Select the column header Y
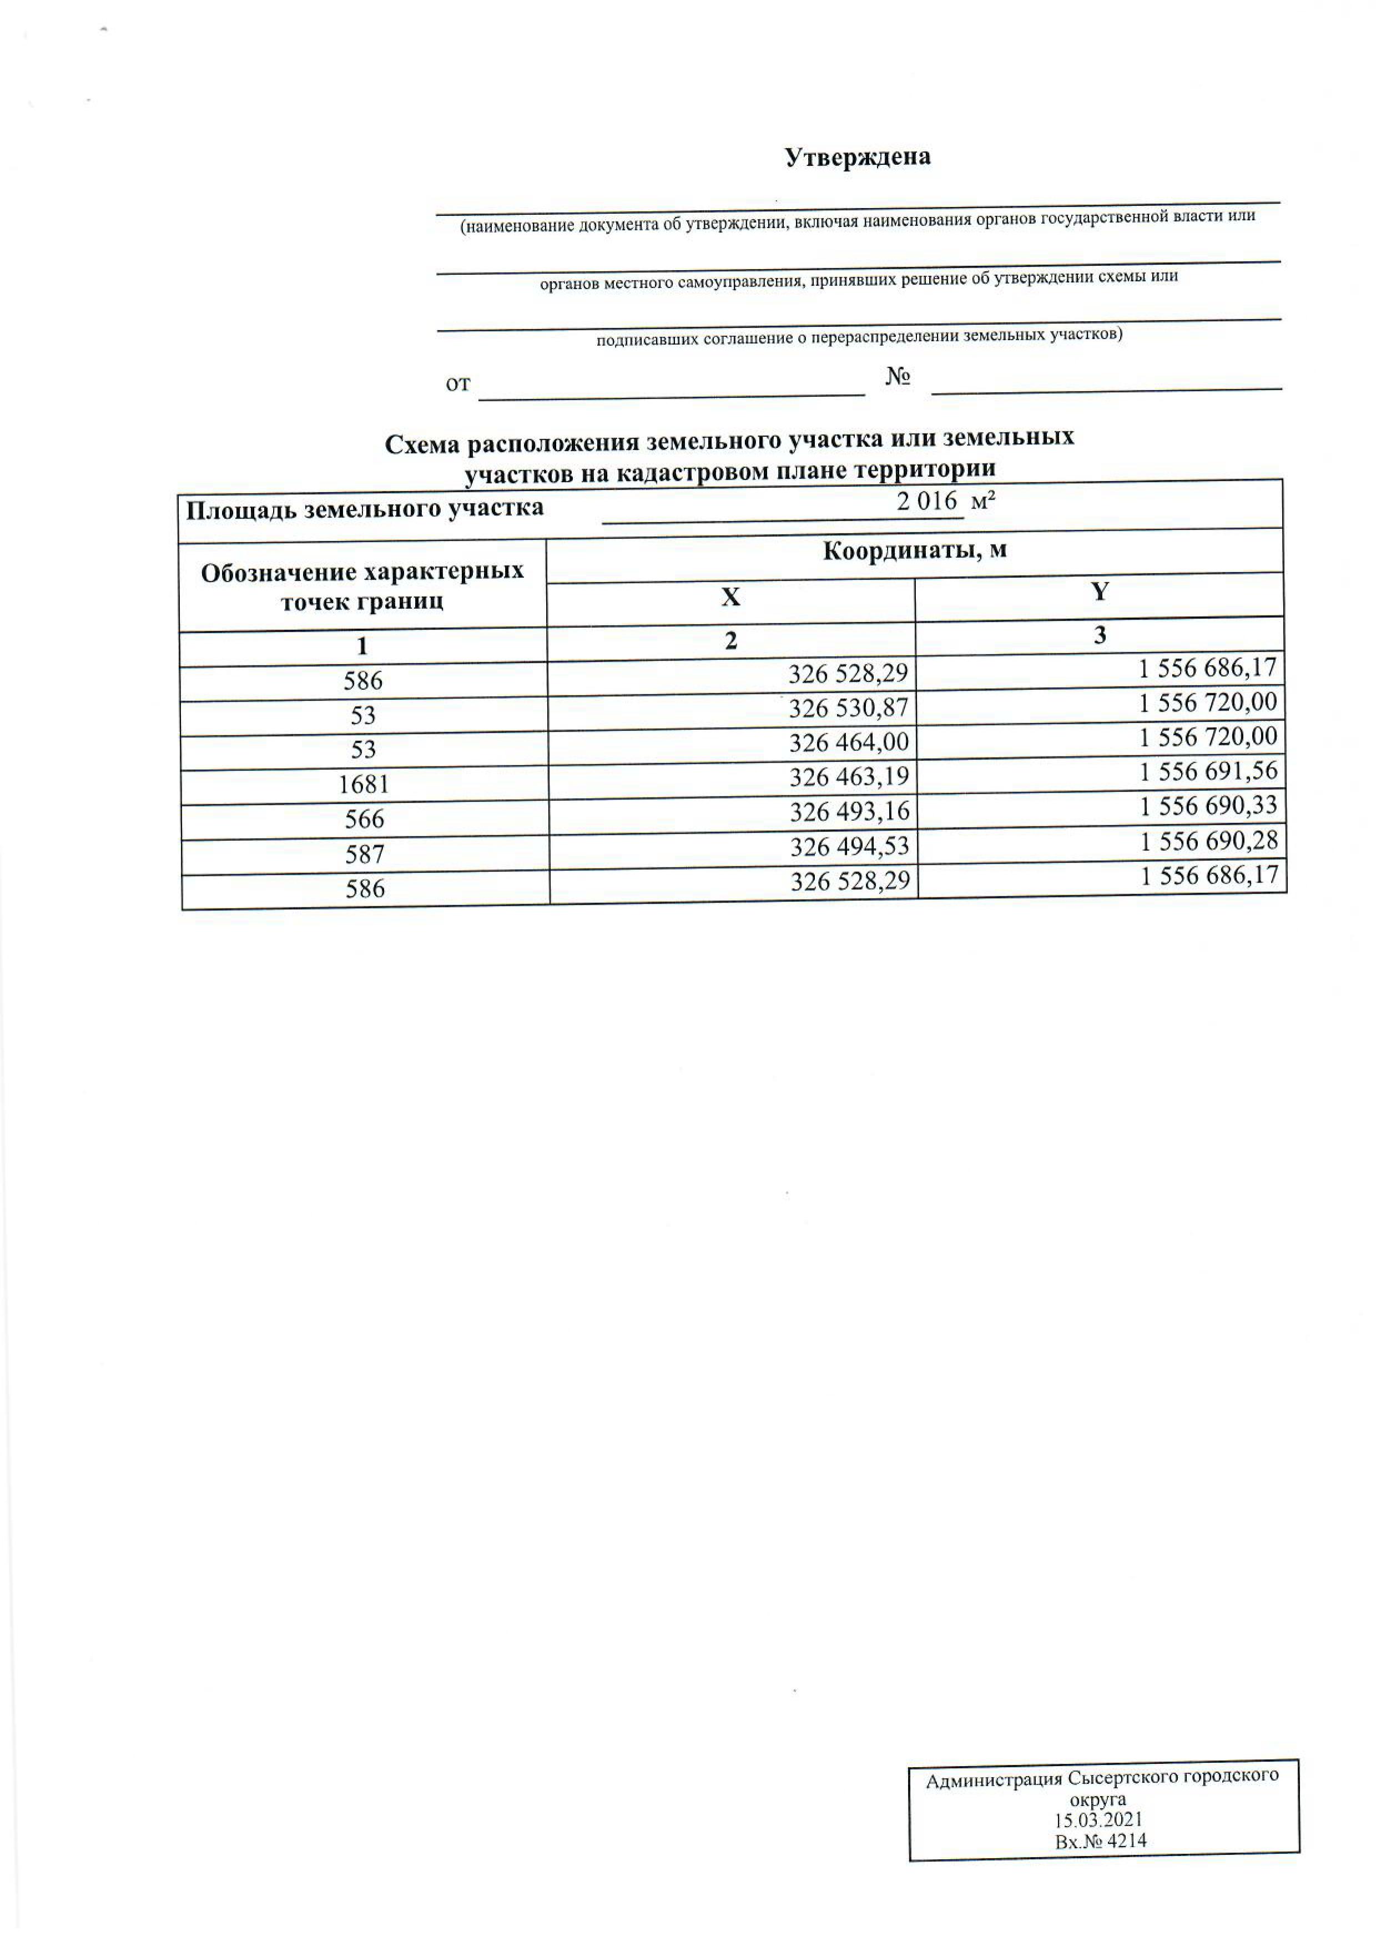[1100, 591]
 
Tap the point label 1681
[363, 784]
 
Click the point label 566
[365, 819]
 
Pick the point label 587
[365, 854]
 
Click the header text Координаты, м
[915, 551]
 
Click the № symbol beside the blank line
[898, 376]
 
